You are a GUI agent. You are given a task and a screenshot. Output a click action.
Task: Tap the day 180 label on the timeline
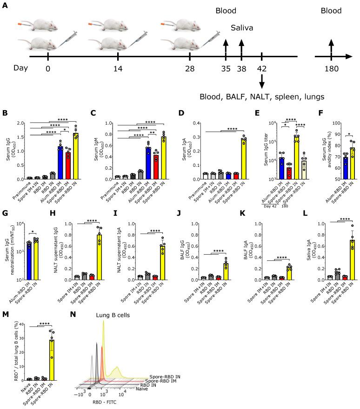(x=331, y=68)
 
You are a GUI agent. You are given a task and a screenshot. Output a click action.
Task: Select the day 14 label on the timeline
(x=119, y=68)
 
